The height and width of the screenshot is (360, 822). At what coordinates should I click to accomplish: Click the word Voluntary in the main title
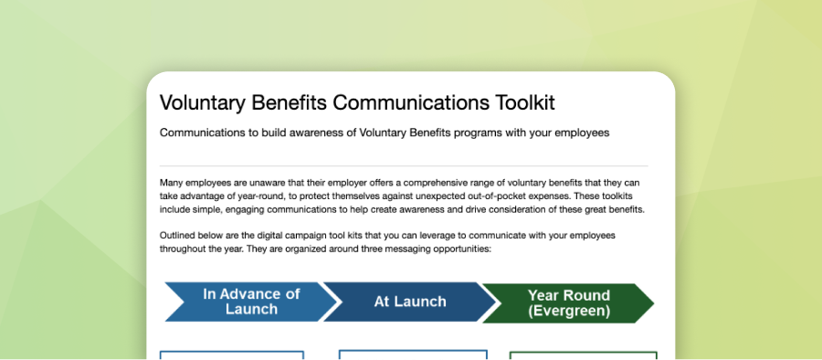(203, 102)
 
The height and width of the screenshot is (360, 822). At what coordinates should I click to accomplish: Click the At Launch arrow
(407, 302)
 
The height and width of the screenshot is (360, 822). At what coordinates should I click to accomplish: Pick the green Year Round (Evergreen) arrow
(566, 302)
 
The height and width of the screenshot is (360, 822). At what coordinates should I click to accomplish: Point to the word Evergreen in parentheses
(569, 311)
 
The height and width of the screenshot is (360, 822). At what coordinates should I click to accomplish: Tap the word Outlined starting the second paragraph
(179, 236)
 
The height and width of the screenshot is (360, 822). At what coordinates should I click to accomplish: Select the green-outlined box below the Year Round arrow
(583, 355)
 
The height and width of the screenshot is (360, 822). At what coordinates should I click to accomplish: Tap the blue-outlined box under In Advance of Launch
(232, 355)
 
